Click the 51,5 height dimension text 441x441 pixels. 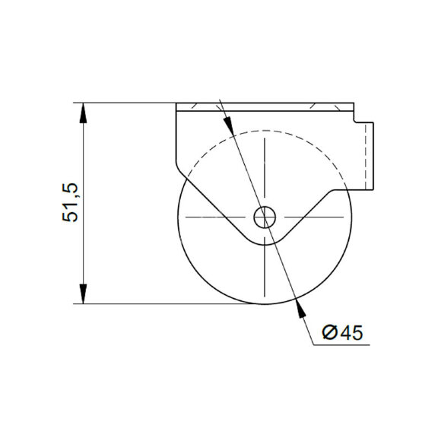pyautogui.click(x=69, y=203)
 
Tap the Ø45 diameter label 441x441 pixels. pyautogui.click(x=343, y=333)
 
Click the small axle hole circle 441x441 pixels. pyautogui.click(x=265, y=217)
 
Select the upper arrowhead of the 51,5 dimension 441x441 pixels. pyautogui.click(x=83, y=113)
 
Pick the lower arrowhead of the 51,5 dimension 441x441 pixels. pyautogui.click(x=83, y=294)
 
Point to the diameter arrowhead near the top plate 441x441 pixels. pyautogui.click(x=228, y=125)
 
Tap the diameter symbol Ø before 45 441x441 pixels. pyautogui.click(x=330, y=333)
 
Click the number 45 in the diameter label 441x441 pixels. pyautogui.click(x=351, y=333)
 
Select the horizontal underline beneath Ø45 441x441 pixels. pyautogui.click(x=341, y=344)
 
